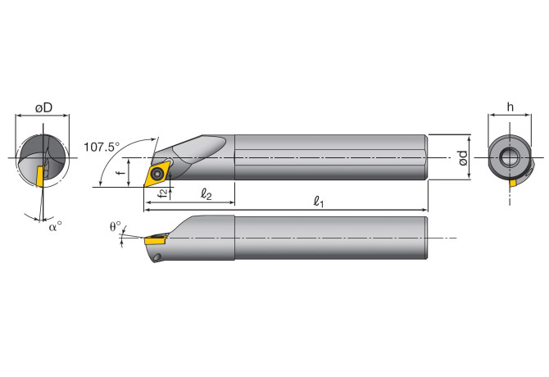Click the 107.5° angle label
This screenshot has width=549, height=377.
[102, 147]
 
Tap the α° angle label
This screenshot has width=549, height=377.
[55, 226]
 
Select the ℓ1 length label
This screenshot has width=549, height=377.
[318, 201]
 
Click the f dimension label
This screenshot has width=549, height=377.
[120, 173]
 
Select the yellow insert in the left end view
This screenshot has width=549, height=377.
[39, 176]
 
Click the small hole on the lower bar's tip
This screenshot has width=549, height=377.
[157, 258]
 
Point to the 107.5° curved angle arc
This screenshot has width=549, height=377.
[103, 168]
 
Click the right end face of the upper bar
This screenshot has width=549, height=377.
[426, 157]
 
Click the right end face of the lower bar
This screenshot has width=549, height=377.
[426, 238]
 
